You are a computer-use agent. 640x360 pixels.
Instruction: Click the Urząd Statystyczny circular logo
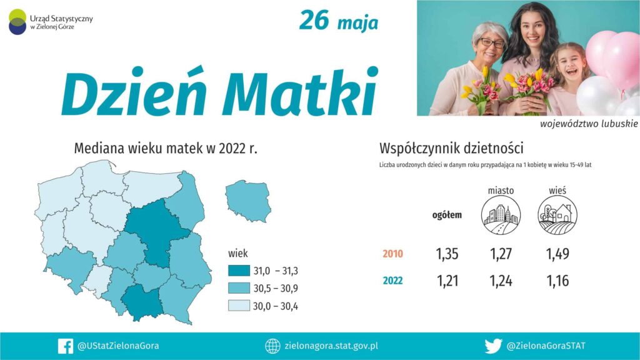click(17, 22)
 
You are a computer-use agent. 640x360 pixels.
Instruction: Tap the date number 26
click(314, 21)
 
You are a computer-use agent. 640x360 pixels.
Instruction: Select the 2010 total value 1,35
click(447, 254)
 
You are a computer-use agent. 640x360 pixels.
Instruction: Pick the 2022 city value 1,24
click(501, 281)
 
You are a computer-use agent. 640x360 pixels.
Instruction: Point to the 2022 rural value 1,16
click(557, 281)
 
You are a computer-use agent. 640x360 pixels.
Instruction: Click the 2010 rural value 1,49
click(557, 254)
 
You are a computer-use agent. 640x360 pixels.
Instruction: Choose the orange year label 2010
click(392, 254)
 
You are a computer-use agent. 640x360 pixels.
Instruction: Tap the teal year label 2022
click(392, 281)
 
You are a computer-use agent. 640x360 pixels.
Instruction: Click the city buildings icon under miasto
click(501, 215)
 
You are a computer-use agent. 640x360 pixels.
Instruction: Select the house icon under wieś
click(557, 215)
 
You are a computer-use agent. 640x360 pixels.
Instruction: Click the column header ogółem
click(447, 215)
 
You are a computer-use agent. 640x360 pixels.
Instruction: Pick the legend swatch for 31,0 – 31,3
click(239, 271)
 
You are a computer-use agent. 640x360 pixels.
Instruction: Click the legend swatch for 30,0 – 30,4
click(239, 306)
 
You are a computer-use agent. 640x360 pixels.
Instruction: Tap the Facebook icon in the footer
click(65, 346)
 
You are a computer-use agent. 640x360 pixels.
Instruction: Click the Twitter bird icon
click(493, 346)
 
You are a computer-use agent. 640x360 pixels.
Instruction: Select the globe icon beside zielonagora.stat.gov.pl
click(272, 346)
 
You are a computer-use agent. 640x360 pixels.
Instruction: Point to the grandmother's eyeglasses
click(492, 42)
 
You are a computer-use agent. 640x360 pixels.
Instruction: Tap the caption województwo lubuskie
click(589, 124)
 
